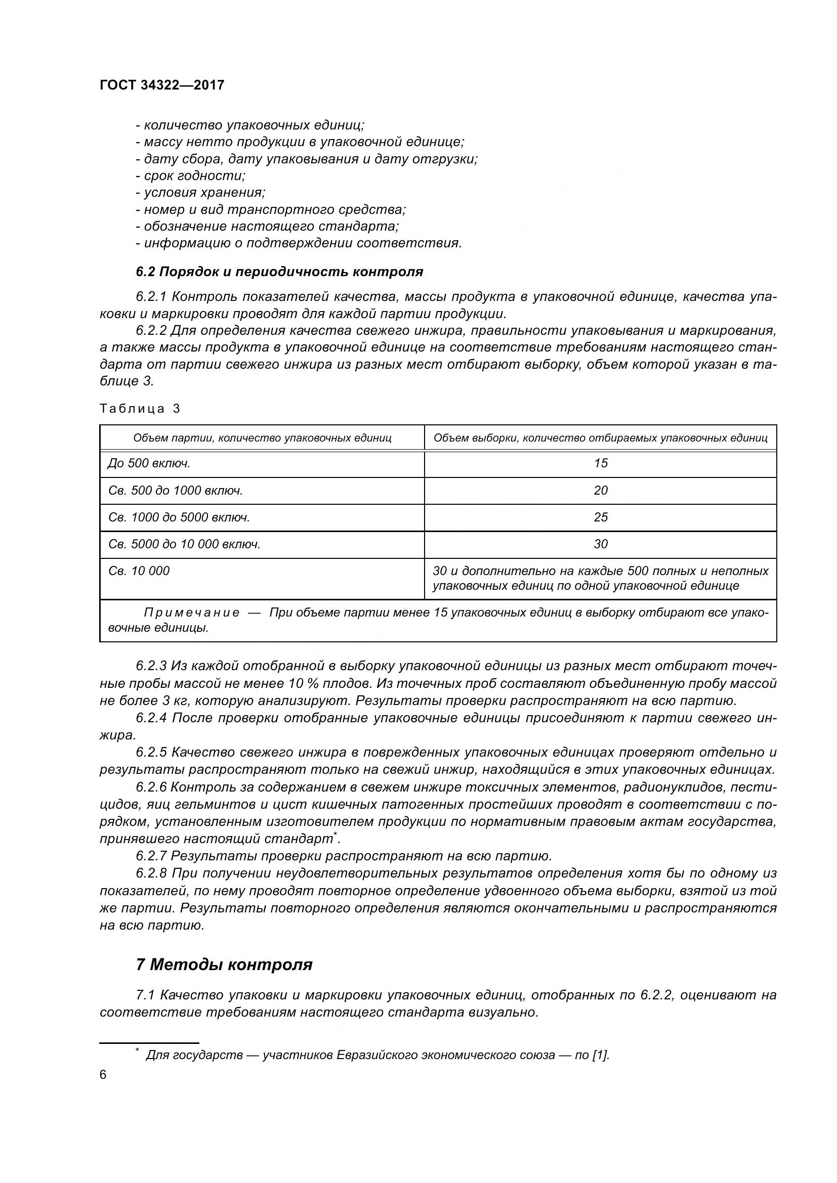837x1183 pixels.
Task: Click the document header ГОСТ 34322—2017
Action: (162, 85)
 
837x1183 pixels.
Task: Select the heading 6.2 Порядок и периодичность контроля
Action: (279, 272)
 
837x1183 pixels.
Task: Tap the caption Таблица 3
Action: (140, 409)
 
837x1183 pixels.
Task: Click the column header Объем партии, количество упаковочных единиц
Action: (262, 438)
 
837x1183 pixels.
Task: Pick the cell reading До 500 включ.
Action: (149, 463)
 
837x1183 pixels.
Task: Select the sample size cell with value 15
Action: (601, 463)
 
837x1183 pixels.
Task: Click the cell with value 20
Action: (601, 491)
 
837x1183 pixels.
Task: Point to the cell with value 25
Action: (601, 517)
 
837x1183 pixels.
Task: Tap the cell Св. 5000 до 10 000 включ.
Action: (184, 544)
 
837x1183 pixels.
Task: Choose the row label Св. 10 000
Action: (139, 571)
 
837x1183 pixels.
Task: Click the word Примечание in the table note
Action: (192, 612)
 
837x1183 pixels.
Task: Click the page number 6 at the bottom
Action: (103, 1075)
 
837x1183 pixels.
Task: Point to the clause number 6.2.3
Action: (151, 666)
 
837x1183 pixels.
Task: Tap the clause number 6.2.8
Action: (151, 873)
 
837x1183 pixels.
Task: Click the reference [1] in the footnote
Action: (600, 1055)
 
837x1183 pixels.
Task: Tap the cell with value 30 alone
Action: (601, 544)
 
